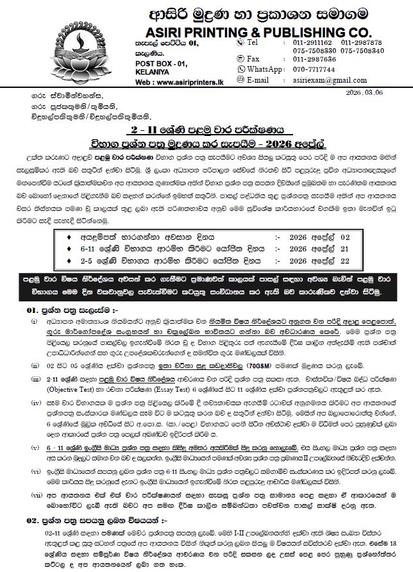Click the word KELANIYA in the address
tap(151, 72)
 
